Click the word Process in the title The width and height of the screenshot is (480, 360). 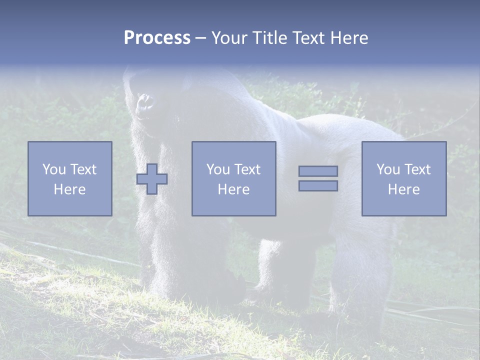tap(157, 38)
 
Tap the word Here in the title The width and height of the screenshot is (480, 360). tap(348, 38)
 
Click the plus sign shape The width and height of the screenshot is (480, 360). tap(152, 179)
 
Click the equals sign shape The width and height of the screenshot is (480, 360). tap(318, 178)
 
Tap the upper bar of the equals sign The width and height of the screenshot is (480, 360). tap(318, 171)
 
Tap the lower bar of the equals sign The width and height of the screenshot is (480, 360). tap(318, 185)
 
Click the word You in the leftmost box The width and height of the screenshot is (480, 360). tap(53, 169)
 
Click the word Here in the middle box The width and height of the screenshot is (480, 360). tap(233, 189)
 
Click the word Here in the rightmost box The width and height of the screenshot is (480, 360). tap(403, 189)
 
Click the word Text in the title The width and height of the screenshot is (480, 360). tap(308, 38)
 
